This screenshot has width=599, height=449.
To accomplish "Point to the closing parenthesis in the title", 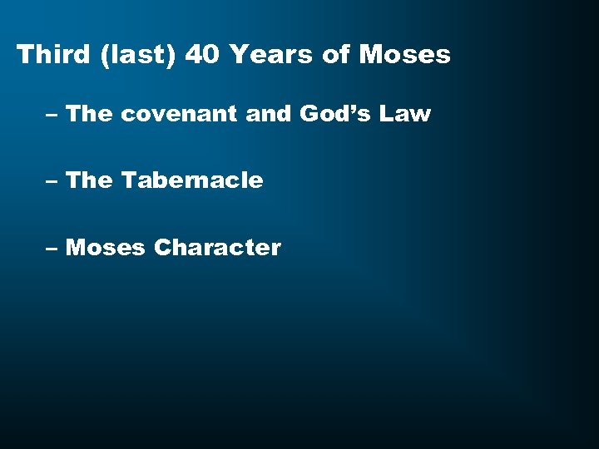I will pyautogui.click(x=171, y=56).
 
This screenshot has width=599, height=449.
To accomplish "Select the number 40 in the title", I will pyautogui.click(x=202, y=55).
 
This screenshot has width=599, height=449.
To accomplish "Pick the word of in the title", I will pyautogui.click(x=336, y=55).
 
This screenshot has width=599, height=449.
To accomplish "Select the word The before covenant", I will pyautogui.click(x=88, y=113).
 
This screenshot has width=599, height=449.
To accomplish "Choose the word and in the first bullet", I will pyautogui.click(x=268, y=113).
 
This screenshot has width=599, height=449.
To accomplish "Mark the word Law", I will pyautogui.click(x=405, y=113).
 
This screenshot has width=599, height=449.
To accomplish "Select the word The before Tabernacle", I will pyautogui.click(x=88, y=180).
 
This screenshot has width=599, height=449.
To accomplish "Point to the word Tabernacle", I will pyautogui.click(x=192, y=180).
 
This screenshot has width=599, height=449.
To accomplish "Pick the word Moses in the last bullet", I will pyautogui.click(x=105, y=247).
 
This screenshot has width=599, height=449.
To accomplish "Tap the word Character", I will pyautogui.click(x=217, y=247).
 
